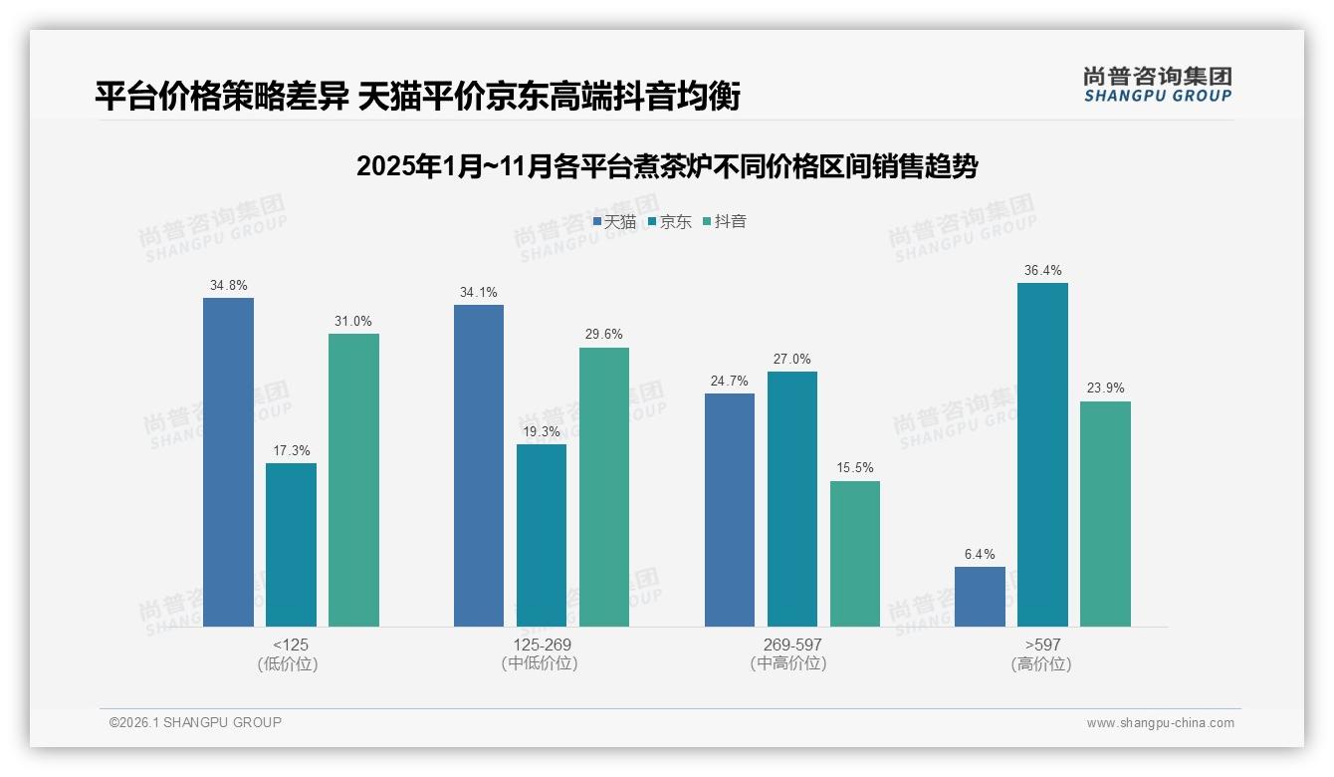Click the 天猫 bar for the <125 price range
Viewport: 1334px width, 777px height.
click(x=228, y=462)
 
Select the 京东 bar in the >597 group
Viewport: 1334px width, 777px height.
click(x=1042, y=454)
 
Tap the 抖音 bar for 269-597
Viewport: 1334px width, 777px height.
click(x=855, y=554)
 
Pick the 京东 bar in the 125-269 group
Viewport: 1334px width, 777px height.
click(x=542, y=535)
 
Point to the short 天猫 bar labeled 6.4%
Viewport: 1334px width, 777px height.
click(x=980, y=597)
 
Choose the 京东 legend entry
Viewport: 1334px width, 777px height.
click(x=669, y=222)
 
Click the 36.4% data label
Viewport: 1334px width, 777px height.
click(x=1042, y=271)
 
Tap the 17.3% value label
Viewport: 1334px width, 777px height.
click(x=292, y=451)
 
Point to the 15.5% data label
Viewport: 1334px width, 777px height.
click(x=855, y=468)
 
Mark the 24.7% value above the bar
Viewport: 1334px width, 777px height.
click(x=730, y=381)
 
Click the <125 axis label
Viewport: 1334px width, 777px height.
click(x=291, y=645)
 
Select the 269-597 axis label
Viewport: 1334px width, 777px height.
click(x=792, y=645)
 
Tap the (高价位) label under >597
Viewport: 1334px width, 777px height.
click(x=1041, y=664)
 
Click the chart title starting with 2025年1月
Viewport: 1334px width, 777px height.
click(x=666, y=166)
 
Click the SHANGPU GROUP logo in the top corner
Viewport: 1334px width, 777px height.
click(x=1157, y=84)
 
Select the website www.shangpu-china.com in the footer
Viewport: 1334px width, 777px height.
click(x=1160, y=723)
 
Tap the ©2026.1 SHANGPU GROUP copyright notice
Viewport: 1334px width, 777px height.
click(x=195, y=722)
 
